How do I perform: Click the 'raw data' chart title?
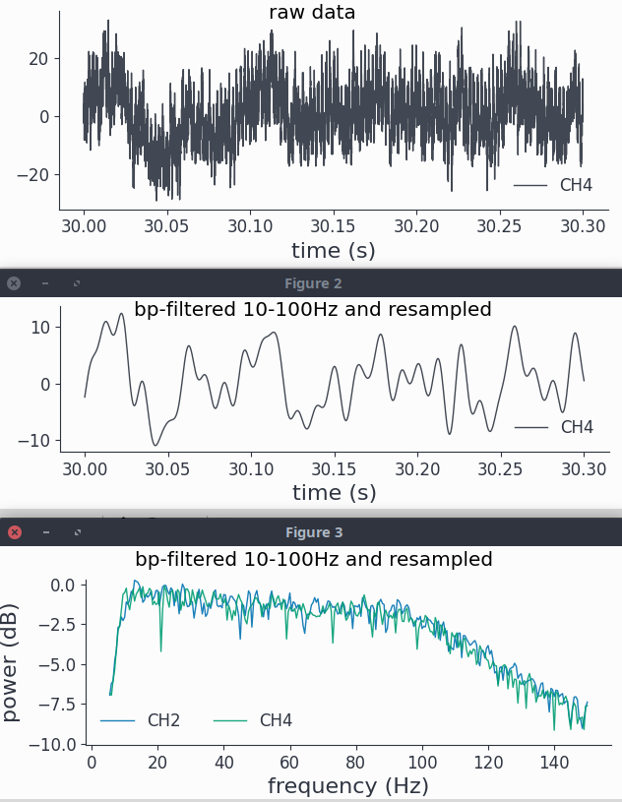point(312,13)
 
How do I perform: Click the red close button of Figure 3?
point(15,532)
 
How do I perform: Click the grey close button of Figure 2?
point(14,283)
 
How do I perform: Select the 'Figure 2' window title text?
point(313,283)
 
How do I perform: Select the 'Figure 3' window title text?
point(314,532)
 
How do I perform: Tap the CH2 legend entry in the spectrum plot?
point(163,720)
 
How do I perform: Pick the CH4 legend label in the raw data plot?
point(576,185)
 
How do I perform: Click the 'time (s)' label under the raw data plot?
point(334,250)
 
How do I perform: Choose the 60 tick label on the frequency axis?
point(289,762)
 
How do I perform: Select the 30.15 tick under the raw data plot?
point(334,225)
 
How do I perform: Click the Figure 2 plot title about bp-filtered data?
point(312,310)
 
